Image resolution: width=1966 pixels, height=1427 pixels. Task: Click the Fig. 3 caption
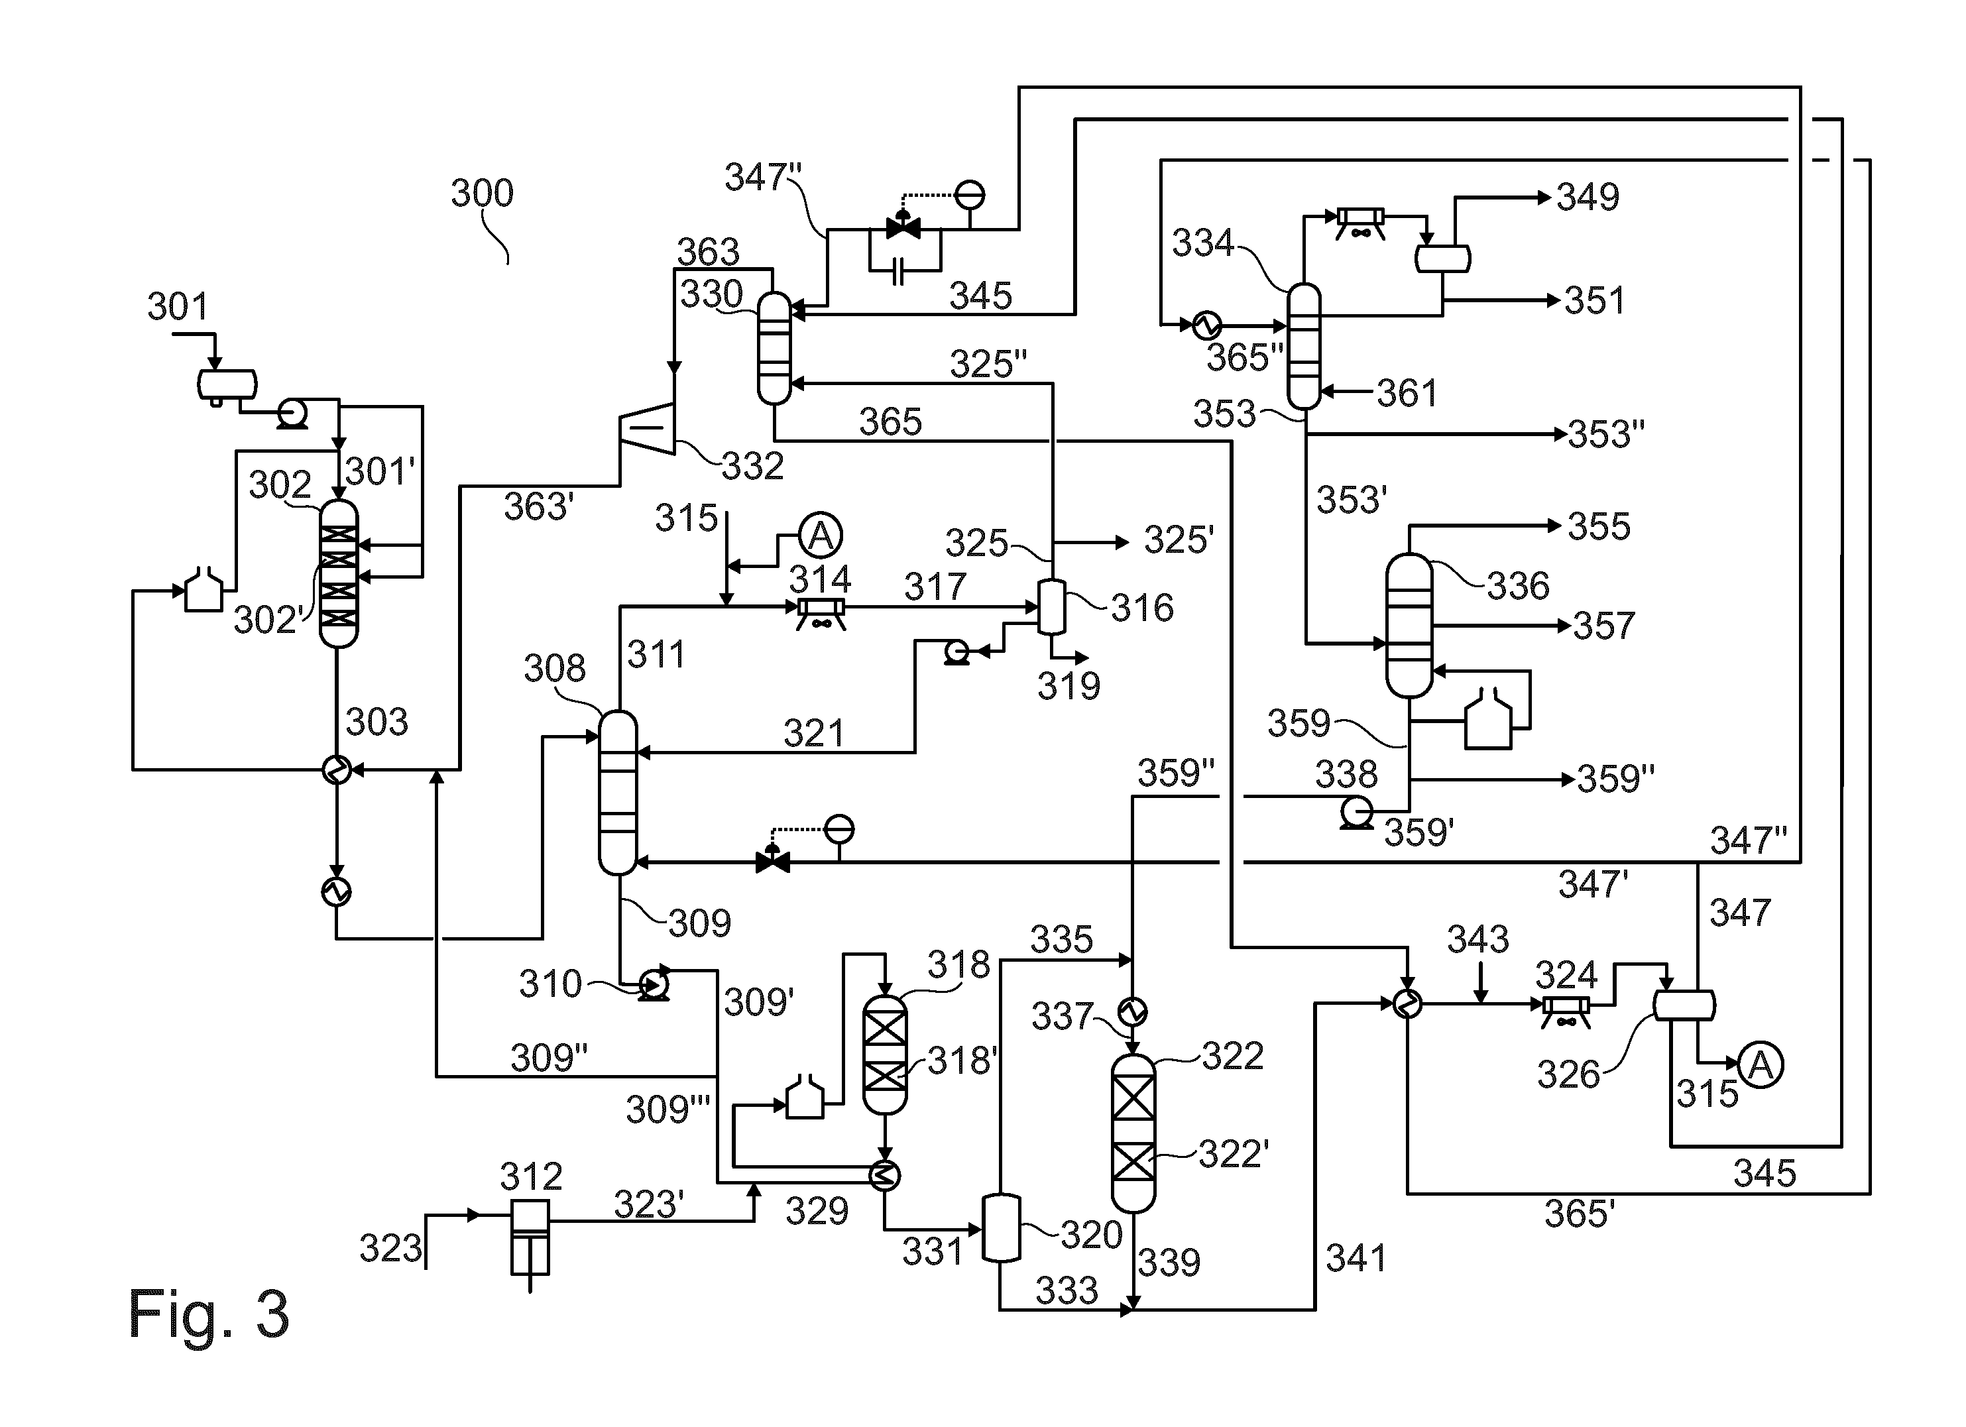pos(208,1314)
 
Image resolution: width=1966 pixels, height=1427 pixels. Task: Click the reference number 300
pos(482,192)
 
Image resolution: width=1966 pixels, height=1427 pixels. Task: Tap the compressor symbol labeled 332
pos(648,428)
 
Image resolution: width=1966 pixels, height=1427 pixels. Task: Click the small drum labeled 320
pos(1000,1228)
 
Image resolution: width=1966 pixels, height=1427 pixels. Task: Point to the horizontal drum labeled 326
pos(1684,1005)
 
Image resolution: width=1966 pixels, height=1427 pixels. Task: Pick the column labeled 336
pos(1409,626)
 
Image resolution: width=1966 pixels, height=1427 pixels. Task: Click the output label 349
pos(1588,198)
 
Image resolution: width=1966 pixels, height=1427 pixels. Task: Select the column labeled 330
pos(774,349)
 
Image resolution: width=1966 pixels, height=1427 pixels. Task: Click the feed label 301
pos(178,306)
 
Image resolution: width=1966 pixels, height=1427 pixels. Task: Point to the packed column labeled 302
pos(338,573)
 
